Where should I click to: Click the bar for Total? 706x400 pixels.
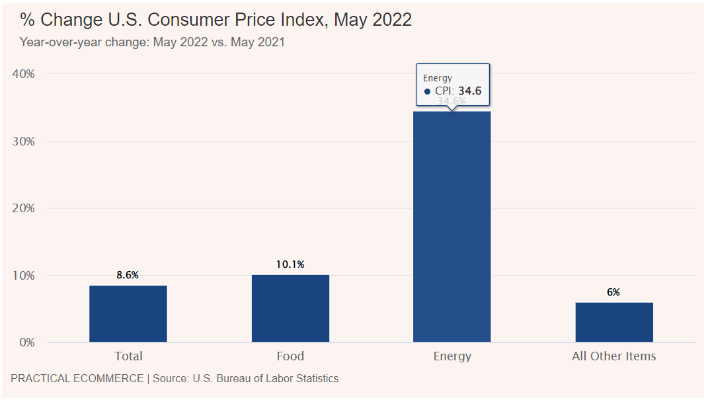click(128, 313)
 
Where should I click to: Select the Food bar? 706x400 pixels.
click(290, 308)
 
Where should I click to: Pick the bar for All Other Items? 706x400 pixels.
click(614, 322)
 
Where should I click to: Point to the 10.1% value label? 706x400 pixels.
click(290, 264)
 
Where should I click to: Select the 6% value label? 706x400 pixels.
click(614, 292)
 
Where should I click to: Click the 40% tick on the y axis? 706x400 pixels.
click(24, 74)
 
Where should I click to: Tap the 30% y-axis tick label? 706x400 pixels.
click(24, 141)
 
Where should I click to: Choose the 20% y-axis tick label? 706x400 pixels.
click(24, 208)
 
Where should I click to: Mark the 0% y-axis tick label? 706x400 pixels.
click(26, 342)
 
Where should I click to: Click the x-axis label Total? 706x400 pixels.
click(128, 356)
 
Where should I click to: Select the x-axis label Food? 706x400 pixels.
click(290, 356)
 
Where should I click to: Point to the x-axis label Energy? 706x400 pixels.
click(452, 356)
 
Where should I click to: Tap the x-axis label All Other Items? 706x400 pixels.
click(614, 356)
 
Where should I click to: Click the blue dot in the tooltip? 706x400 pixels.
click(427, 92)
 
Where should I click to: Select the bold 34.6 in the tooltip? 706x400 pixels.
click(471, 91)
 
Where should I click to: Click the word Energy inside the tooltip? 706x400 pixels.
click(438, 78)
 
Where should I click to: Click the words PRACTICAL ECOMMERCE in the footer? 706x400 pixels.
click(77, 379)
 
